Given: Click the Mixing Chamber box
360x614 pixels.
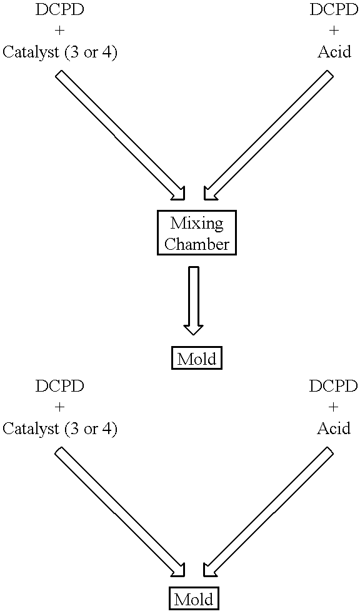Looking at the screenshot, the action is tap(197, 234).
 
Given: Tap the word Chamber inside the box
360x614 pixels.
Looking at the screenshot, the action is tap(197, 244).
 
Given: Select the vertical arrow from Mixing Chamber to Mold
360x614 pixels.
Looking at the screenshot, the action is tap(194, 300).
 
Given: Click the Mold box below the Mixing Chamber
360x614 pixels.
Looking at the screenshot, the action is tap(197, 358).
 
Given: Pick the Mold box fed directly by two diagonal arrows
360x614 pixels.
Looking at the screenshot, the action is tap(194, 599).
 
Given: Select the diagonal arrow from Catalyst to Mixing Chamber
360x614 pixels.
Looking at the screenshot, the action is tap(121, 135).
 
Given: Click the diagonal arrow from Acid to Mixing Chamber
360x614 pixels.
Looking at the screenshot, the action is tap(268, 135).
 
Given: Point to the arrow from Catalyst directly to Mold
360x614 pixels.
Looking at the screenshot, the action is tap(120, 513).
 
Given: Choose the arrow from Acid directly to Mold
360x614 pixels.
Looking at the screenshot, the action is tap(269, 513).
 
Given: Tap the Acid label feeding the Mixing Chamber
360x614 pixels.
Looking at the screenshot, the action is tap(334, 52).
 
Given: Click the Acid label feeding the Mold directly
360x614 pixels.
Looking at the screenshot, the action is tap(333, 428).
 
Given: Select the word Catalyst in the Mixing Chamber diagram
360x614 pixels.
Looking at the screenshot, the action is tap(31, 52).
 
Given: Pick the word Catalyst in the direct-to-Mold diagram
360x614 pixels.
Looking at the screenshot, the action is tap(31, 429).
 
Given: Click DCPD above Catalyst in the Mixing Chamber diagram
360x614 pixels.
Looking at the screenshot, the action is tap(59, 10).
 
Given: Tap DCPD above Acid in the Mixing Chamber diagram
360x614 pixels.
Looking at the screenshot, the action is tap(334, 10).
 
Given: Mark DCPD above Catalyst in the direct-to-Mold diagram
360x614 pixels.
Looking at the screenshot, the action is tap(59, 387).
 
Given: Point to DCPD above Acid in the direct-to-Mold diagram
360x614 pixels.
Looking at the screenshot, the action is tap(333, 387).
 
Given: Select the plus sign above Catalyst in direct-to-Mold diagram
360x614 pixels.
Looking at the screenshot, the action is tap(59, 408).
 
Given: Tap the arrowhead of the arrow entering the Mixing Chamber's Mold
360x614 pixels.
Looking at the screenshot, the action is tap(194, 330).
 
